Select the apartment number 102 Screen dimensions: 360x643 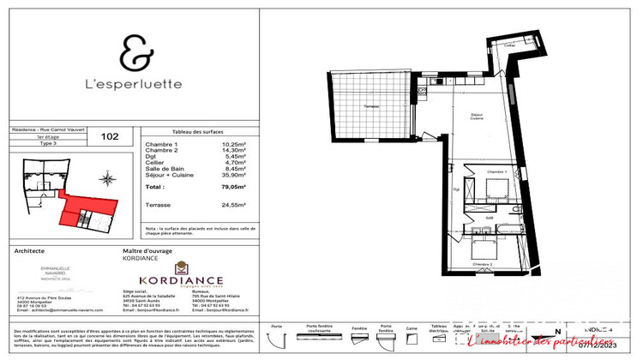[x=110, y=135]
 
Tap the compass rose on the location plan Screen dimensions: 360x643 [x=107, y=179]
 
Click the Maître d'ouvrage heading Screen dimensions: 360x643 [x=149, y=250]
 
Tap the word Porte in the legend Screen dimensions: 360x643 [x=276, y=327]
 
